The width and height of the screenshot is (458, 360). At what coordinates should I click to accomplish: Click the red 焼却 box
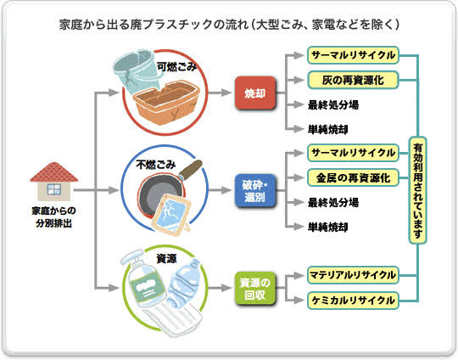point(255,93)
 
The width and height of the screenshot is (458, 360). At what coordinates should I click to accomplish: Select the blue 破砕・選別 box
point(255,191)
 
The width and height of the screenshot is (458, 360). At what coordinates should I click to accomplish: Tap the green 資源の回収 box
point(255,289)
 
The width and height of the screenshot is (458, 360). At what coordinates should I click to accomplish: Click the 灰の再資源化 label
point(353,80)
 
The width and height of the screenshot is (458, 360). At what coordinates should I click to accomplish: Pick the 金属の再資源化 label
point(353,177)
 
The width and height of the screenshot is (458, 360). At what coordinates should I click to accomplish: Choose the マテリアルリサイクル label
point(353,275)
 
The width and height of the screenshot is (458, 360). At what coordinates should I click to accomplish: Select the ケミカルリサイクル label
point(353,301)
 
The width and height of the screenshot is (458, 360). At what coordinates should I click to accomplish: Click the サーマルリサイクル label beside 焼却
point(353,55)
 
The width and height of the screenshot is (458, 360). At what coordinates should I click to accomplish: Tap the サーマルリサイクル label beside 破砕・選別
point(353,153)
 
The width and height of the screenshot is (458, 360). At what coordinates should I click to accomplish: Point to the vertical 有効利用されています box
point(417,190)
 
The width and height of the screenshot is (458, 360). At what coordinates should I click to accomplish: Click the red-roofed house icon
point(54,182)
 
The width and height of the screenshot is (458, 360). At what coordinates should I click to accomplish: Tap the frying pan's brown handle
point(191,169)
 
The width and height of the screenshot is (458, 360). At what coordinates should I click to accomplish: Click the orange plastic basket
point(166,102)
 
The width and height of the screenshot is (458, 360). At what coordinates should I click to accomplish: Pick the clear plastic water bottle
point(183,283)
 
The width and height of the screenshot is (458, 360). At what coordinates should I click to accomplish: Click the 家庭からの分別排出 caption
point(53,217)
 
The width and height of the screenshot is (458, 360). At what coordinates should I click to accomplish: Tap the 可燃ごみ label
point(176,67)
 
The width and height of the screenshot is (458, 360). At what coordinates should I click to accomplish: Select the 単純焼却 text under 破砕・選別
point(327,227)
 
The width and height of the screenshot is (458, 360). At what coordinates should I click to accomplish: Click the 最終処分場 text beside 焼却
point(333,104)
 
